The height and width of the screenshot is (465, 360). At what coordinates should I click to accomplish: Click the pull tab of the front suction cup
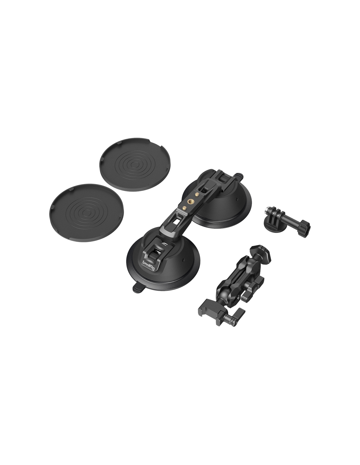tap(138, 288)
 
